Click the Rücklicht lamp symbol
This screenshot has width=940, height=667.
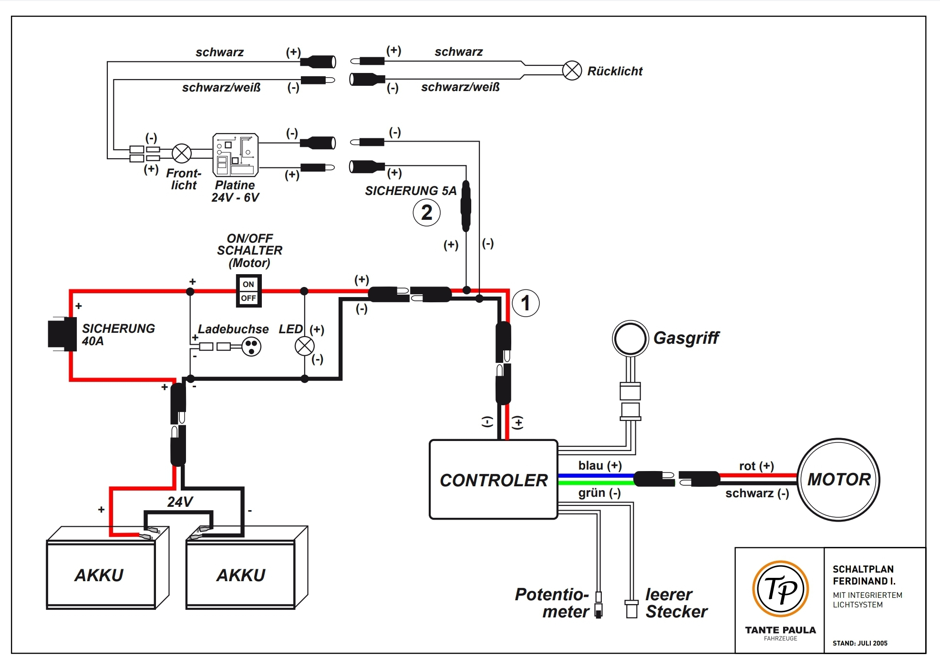tap(572, 71)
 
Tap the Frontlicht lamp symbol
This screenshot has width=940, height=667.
tap(181, 153)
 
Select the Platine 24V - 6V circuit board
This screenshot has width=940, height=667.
tap(235, 155)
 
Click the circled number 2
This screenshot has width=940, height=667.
tap(426, 213)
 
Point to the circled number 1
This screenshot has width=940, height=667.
tap(526, 303)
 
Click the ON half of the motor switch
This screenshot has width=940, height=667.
tap(248, 284)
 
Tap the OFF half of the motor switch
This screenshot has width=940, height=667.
tap(248, 298)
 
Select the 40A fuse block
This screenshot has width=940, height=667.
tap(62, 334)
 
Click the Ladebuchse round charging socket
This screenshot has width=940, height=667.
tap(251, 347)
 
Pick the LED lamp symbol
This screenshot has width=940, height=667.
tap(305, 347)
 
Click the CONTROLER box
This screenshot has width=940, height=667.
tap(494, 480)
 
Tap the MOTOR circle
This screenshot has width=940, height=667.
tap(838, 480)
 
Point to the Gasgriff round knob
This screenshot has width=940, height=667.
tap(630, 339)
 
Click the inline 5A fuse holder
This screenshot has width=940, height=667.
tap(466, 206)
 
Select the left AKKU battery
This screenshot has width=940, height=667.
tap(101, 575)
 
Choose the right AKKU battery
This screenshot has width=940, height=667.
tap(241, 575)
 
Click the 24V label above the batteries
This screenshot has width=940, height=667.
tap(180, 502)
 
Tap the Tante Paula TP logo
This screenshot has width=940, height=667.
tap(780, 589)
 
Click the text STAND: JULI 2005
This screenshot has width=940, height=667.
tap(860, 643)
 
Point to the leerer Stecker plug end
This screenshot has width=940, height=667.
tap(631, 609)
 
